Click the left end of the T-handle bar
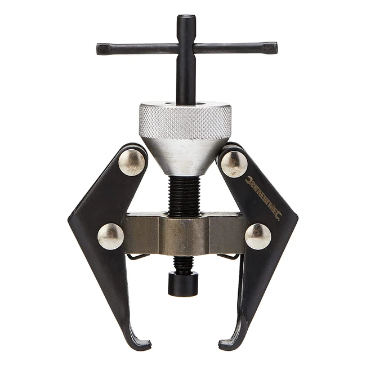[100, 49]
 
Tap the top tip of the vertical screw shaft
[186, 18]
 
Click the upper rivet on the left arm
[132, 162]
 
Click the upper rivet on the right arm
[234, 164]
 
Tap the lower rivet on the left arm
[110, 236]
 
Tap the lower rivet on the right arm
[258, 236]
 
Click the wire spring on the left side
[137, 257]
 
